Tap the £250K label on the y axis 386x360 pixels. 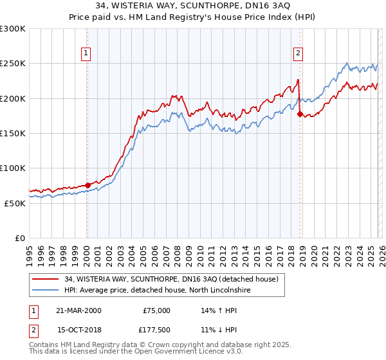13,64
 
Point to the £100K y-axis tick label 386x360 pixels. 13,168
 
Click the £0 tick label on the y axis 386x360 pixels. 19,238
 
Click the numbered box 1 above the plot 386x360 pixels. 86,53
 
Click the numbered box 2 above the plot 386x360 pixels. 299,53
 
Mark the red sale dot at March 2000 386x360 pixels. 88,185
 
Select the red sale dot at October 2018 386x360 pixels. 300,114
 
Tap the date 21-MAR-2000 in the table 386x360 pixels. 78,310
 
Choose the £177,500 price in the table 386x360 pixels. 156,329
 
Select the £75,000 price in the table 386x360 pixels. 156,310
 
